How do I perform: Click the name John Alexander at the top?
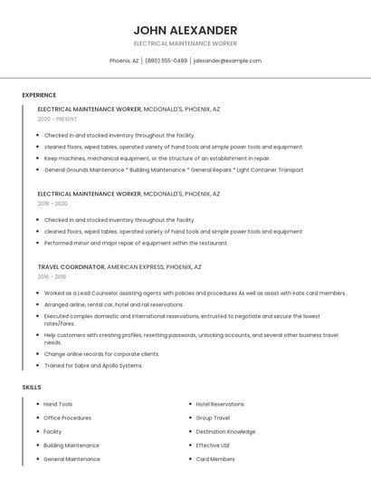click(185, 30)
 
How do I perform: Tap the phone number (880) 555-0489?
click(166, 61)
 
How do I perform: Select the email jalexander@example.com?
click(227, 61)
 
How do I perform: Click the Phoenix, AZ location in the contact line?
click(124, 61)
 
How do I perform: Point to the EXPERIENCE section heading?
click(39, 95)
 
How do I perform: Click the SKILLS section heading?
click(32, 387)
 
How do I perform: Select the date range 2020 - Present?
click(57, 119)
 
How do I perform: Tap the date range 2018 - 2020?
click(52, 204)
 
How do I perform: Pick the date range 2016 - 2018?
click(52, 277)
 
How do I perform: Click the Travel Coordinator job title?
click(71, 267)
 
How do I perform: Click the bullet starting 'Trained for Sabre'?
click(93, 365)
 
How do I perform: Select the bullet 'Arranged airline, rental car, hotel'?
click(113, 304)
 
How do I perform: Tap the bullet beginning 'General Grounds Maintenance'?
click(174, 169)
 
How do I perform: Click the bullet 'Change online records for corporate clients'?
click(101, 354)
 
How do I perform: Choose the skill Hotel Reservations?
click(220, 404)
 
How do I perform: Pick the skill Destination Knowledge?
click(225, 431)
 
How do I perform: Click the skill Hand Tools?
click(58, 404)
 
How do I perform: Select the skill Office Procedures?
click(67, 418)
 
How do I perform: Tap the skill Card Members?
click(215, 458)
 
